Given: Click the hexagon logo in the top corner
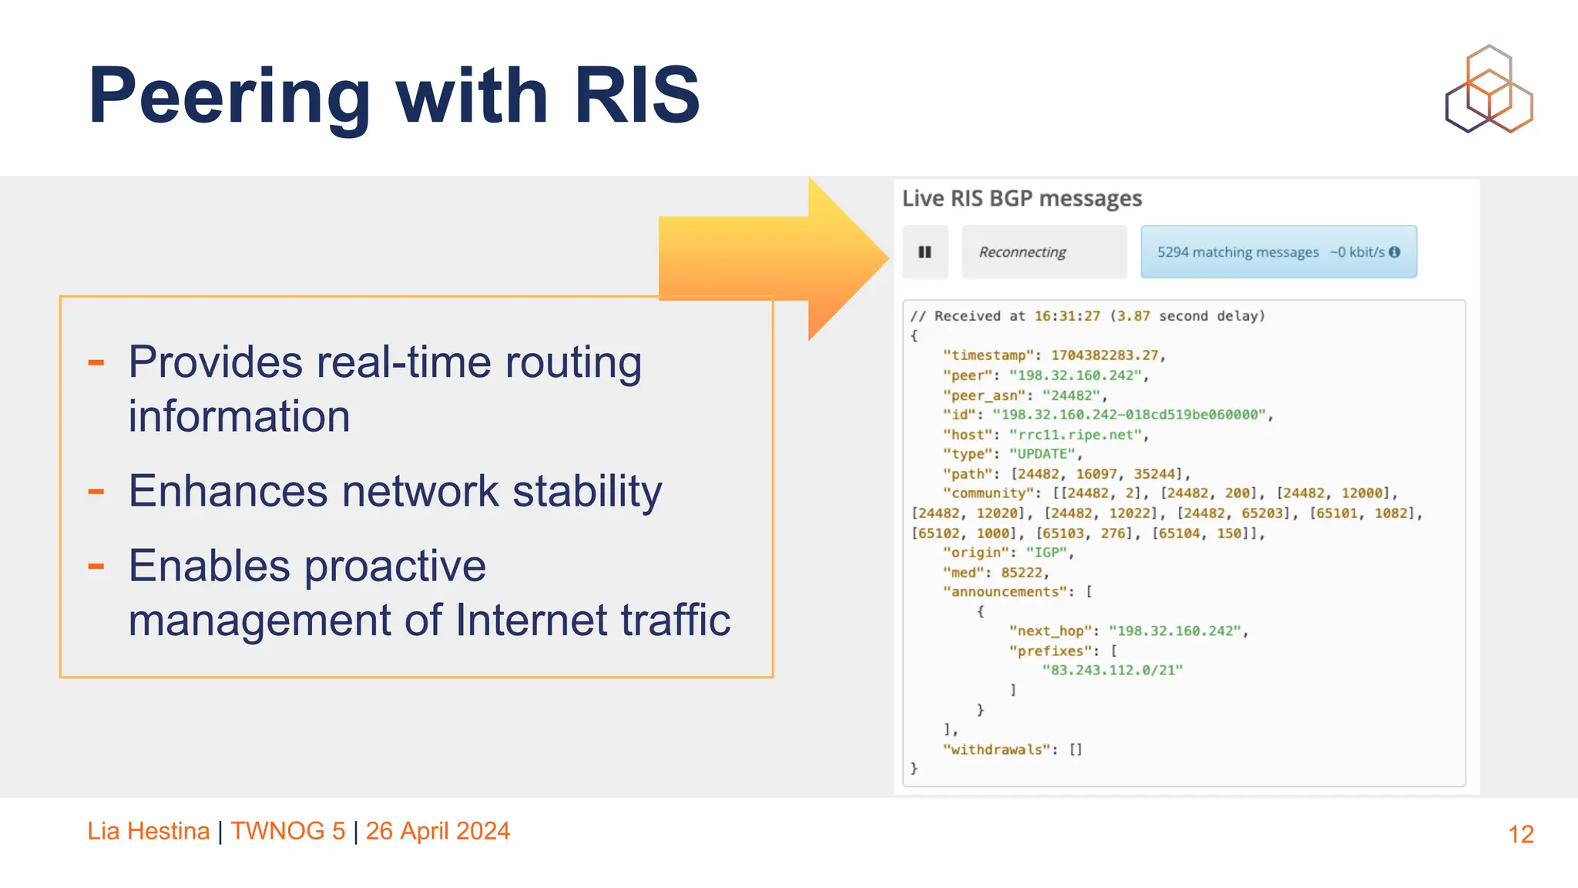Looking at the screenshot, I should [x=1489, y=89].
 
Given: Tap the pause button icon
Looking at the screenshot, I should [x=925, y=252].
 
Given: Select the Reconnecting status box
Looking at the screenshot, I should [x=1043, y=252].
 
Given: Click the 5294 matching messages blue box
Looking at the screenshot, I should [x=1278, y=252].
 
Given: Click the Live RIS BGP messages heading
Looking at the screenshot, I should [x=1022, y=198].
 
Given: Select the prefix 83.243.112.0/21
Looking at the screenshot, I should [x=1112, y=670].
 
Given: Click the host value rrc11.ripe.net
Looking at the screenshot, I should [x=1076, y=435].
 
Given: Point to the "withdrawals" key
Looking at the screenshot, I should [x=996, y=749].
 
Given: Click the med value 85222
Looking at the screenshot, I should [x=1022, y=572].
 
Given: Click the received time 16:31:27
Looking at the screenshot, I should [x=1067, y=316].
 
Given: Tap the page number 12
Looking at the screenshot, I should [x=1520, y=834].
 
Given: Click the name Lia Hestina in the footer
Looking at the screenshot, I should [x=148, y=831].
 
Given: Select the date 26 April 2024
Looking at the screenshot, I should [x=438, y=831].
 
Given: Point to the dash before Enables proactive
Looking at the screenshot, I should [x=96, y=567].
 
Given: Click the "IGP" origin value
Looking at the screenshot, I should [x=1046, y=553].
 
